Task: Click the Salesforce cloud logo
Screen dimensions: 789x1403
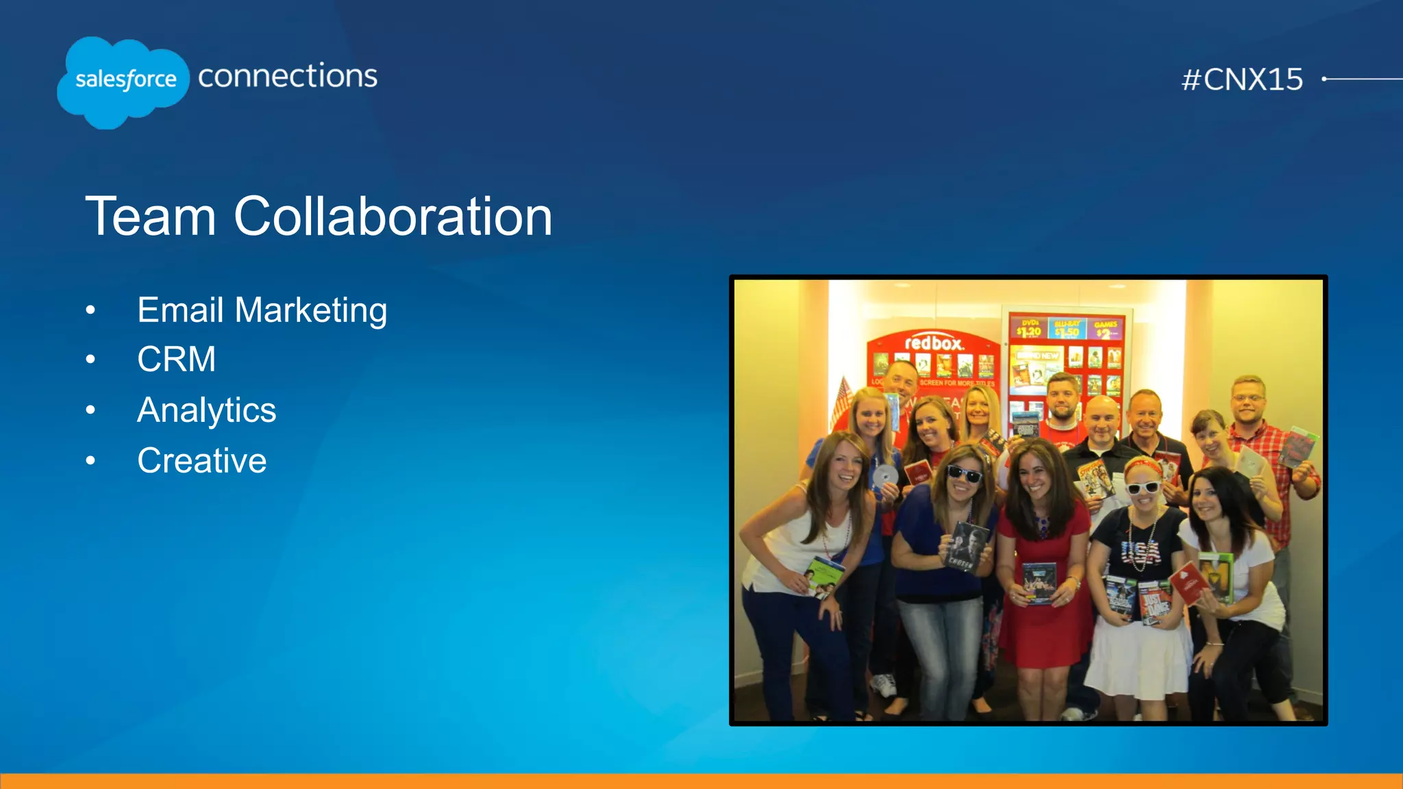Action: click(123, 82)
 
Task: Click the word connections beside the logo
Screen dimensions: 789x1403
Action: click(288, 75)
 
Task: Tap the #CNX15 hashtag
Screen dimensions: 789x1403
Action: click(1242, 79)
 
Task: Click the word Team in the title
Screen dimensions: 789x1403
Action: click(151, 216)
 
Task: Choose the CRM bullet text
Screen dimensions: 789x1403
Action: click(176, 360)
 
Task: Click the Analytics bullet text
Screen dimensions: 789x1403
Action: click(206, 410)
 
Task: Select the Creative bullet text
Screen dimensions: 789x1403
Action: click(201, 460)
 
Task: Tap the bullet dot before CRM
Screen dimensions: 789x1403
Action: click(90, 360)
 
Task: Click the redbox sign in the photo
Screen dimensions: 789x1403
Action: click(934, 342)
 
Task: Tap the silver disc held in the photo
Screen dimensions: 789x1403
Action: click(885, 475)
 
